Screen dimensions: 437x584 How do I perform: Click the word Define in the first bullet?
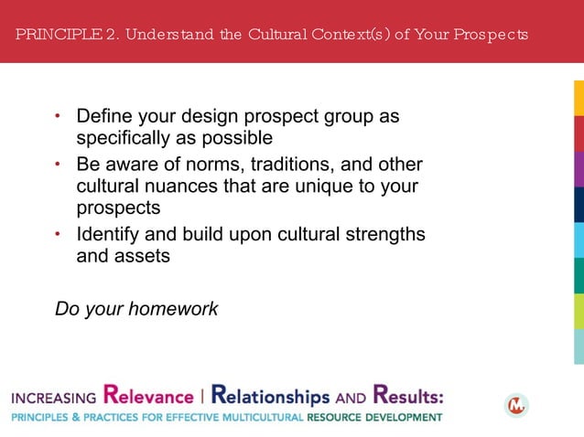coord(103,118)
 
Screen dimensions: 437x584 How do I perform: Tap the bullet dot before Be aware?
coord(59,165)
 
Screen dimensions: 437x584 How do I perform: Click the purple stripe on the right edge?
coord(579,169)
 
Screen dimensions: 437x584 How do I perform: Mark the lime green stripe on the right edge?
coord(579,311)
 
